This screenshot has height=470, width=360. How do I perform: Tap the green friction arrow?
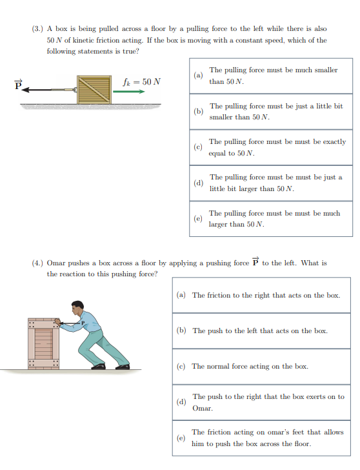pos(129,91)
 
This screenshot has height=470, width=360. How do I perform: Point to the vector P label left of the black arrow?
pos(19,84)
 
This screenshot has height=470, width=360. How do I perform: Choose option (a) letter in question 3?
pos(199,76)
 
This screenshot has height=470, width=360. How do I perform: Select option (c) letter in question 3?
pos(199,148)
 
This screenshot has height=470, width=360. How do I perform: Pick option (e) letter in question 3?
pos(199,219)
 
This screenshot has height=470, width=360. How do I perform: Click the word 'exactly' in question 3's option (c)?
pos(332,141)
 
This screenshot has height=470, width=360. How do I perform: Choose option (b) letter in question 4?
pos(182,331)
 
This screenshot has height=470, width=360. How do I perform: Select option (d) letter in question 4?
pos(182,402)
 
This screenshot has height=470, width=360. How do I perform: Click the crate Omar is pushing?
pos(43,343)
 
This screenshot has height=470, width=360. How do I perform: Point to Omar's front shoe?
pos(98,366)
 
